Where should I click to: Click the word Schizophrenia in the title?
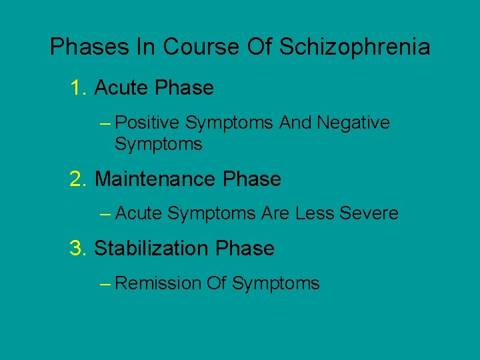coord(355,47)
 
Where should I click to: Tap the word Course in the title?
coord(201,47)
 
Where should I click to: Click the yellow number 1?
coord(78,88)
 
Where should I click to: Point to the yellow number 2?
coord(78,179)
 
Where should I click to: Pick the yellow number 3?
coord(78,249)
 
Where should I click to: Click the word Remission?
coord(158,283)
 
